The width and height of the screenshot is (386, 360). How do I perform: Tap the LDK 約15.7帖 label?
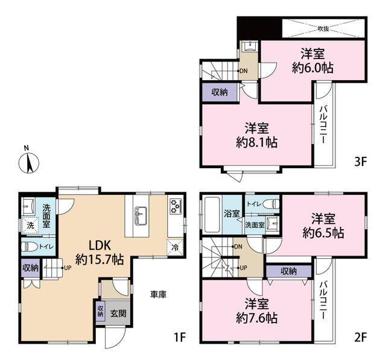point(100,252)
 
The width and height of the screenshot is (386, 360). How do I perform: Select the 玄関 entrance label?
point(118,313)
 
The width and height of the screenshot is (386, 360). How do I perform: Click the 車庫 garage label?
point(158,294)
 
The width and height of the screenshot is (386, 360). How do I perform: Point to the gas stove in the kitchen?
point(176,206)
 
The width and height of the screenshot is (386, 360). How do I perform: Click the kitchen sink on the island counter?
point(141,216)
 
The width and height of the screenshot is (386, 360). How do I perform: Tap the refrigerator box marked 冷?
point(176,248)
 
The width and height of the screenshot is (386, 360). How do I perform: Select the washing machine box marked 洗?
point(30,225)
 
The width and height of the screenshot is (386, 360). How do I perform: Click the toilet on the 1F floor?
point(30,247)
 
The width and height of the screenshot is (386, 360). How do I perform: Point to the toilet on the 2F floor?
point(271,204)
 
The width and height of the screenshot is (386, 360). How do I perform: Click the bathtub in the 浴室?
point(212,214)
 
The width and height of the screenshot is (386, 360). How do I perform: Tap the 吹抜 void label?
point(323,29)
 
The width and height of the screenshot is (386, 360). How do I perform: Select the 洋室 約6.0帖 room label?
point(312,60)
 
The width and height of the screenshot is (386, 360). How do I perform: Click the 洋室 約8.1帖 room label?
point(256,135)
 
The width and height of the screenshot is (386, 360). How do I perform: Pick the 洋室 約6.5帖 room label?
point(323,226)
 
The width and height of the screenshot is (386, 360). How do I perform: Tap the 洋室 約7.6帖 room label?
point(256,311)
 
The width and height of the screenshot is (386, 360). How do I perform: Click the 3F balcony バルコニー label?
point(323,124)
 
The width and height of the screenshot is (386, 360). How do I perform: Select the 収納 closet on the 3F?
point(220,92)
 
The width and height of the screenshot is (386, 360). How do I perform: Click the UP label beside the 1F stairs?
point(68,268)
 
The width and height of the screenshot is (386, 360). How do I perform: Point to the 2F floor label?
point(361,337)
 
